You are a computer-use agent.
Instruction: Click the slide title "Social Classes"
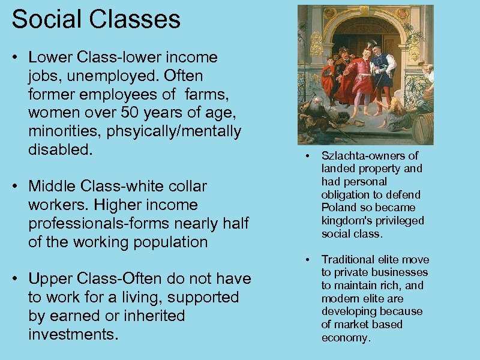[96, 19]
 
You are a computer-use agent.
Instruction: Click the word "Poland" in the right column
[340, 208]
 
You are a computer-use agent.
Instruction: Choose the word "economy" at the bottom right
[345, 338]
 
